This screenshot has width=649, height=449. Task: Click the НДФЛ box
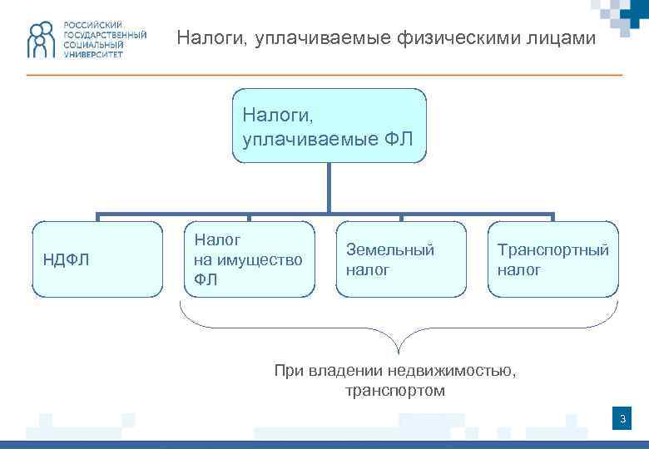[97, 259]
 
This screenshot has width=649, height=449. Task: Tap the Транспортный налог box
[552, 259]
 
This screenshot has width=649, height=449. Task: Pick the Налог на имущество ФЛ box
[249, 259]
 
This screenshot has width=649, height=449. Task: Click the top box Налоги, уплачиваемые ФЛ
[329, 125]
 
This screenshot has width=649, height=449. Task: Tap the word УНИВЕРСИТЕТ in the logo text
[92, 54]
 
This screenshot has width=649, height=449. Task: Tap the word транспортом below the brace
[395, 390]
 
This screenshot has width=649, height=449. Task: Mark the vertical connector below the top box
[329, 187]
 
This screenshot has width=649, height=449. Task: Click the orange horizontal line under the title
[324, 76]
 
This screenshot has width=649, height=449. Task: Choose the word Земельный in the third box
[390, 249]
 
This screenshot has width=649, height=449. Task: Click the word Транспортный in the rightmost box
[552, 249]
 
